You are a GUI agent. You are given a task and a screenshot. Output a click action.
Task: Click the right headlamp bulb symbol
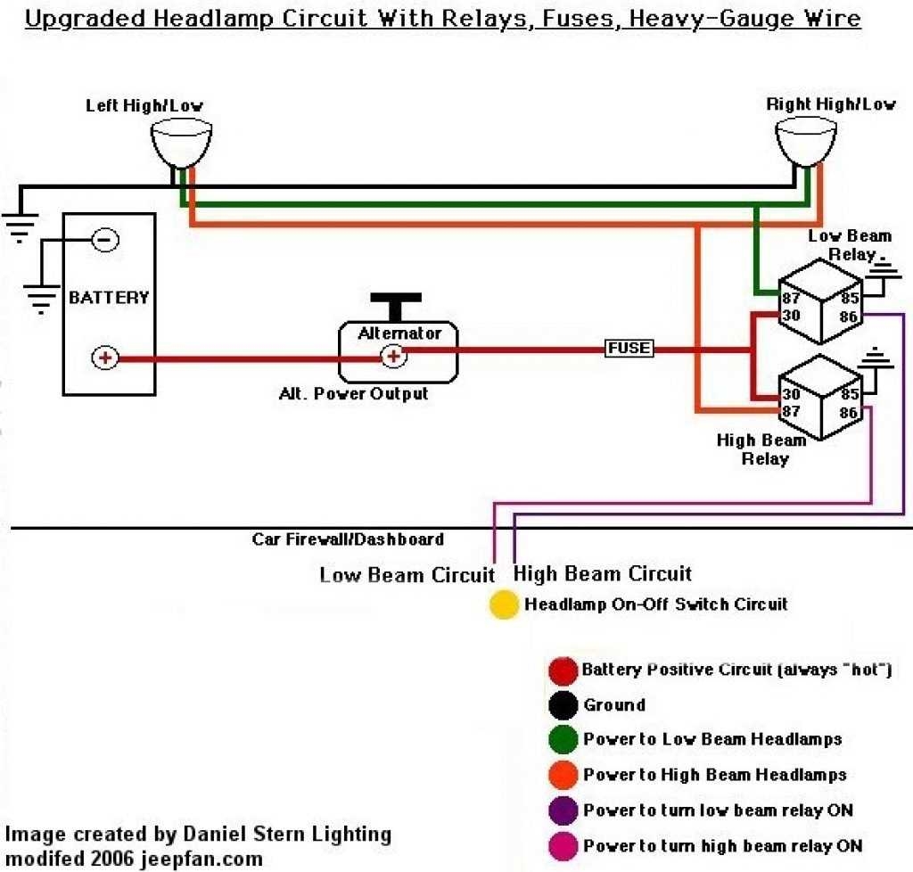click(x=805, y=142)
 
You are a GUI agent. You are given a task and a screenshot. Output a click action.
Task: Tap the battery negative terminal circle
click(x=105, y=240)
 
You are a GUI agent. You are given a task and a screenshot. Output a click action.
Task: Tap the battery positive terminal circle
click(x=105, y=358)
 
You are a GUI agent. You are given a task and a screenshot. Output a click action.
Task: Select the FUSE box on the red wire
click(x=629, y=348)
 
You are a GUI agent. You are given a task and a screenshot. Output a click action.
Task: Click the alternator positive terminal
click(x=391, y=357)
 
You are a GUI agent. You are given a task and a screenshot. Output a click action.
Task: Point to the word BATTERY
click(x=108, y=297)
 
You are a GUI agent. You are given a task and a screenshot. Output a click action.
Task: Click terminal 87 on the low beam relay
click(x=791, y=298)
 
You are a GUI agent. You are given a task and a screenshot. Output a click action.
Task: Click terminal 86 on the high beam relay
click(x=849, y=413)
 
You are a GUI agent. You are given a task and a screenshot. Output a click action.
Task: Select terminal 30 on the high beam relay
click(x=791, y=395)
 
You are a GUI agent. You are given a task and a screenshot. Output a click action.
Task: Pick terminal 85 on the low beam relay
click(x=849, y=298)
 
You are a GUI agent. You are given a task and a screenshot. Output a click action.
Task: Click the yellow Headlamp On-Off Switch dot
click(x=504, y=605)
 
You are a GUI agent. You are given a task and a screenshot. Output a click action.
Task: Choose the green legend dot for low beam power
click(x=563, y=740)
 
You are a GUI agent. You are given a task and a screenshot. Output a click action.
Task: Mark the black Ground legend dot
click(x=563, y=705)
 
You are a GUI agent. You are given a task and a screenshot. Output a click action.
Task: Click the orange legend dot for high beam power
click(x=563, y=775)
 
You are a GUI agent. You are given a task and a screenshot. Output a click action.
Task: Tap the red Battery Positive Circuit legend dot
click(x=563, y=670)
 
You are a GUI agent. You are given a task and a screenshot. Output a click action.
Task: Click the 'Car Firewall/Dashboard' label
click(x=348, y=539)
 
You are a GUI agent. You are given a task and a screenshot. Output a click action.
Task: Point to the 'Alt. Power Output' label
click(x=353, y=393)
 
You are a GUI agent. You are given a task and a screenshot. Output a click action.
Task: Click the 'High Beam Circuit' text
click(x=603, y=573)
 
